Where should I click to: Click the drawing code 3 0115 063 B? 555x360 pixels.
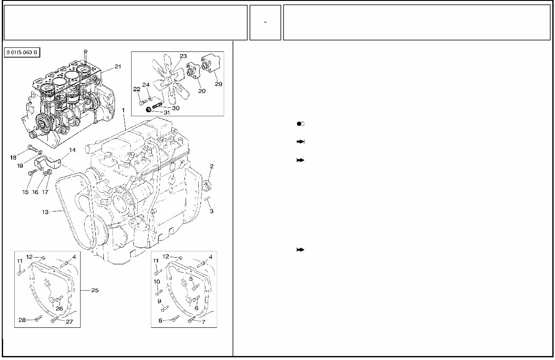tap(22, 53)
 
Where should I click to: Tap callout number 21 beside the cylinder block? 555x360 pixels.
tap(118, 67)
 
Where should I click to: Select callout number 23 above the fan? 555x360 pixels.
tap(183, 56)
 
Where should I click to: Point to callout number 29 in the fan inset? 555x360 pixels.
tap(218, 84)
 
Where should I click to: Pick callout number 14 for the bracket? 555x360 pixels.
tap(72, 150)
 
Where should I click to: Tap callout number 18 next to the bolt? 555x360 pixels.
tap(13, 157)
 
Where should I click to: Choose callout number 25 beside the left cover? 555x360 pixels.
tap(95, 290)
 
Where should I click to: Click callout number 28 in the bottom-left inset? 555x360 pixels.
tap(22, 319)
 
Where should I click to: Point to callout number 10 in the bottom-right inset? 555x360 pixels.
tap(157, 282)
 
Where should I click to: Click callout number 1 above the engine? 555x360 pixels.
tap(123, 110)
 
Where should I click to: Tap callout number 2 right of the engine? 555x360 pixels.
tap(211, 166)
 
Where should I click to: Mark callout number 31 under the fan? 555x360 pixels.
tap(166, 112)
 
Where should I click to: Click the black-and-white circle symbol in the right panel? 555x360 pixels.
tap(300, 123)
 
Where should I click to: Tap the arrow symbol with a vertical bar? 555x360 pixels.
tap(300, 141)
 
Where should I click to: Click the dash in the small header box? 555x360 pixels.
tap(265, 22)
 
